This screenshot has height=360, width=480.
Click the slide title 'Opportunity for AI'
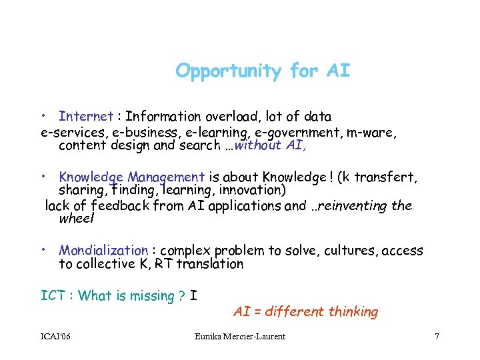263,71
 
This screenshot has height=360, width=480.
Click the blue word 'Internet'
86,117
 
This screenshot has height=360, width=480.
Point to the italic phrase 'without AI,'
274,145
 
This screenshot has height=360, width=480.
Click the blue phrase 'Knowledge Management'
131,177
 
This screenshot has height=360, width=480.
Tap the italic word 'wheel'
77,219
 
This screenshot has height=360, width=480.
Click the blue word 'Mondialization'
103,251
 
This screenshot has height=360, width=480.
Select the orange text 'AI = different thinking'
305,311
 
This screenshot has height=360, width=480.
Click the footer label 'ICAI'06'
56,337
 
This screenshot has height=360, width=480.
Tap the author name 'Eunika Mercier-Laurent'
239,337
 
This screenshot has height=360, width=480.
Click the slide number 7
437,337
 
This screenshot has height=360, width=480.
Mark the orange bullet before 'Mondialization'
42,249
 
